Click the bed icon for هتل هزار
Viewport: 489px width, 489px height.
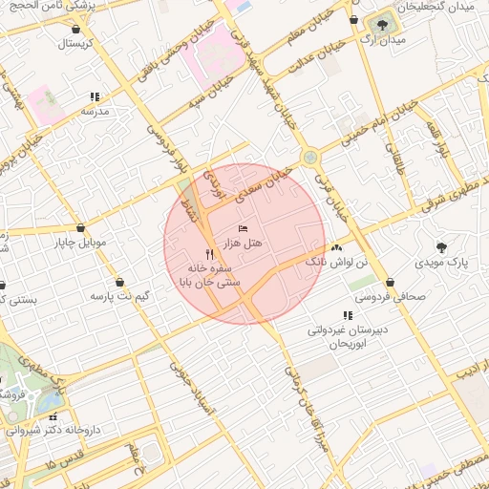tap(243, 228)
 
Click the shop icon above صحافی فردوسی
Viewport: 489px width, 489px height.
tap(392, 282)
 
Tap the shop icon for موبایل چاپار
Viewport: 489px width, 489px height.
tap(79, 228)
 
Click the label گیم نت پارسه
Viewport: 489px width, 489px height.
tap(119, 297)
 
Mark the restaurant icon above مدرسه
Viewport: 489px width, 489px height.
tap(95, 96)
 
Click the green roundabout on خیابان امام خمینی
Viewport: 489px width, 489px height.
tap(309, 158)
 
